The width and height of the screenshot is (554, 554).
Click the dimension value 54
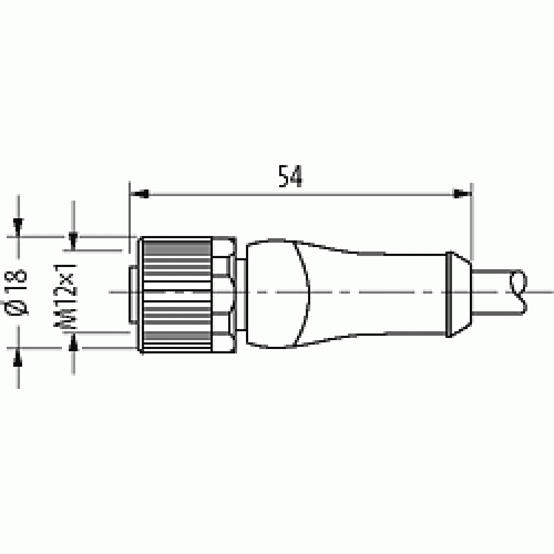pyautogui.click(x=290, y=176)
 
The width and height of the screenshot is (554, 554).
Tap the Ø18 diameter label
pyautogui.click(x=16, y=292)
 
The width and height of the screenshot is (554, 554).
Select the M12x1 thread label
pyautogui.click(x=65, y=296)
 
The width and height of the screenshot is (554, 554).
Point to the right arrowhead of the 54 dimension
pyautogui.click(x=462, y=194)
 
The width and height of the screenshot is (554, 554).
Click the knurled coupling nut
pyautogui.click(x=177, y=295)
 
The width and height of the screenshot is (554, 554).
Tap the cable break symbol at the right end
pyautogui.click(x=519, y=292)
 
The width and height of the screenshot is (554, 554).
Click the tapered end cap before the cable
pyautogui.click(x=459, y=294)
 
